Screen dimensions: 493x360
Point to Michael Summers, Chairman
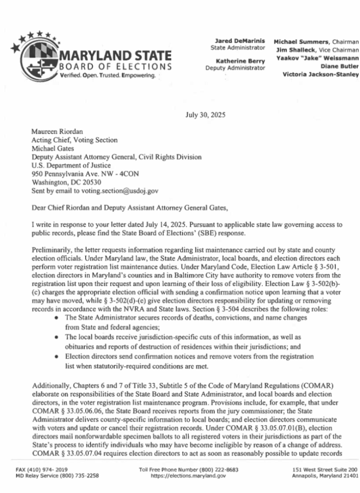[x=316, y=42]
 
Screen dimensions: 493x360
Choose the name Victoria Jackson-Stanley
[x=321, y=74]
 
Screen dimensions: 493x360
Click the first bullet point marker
[x=58, y=318]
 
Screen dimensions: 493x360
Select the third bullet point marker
[x=58, y=357]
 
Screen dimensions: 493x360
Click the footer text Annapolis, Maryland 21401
[x=324, y=476]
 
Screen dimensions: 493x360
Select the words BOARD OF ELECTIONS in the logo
[x=116, y=66]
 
